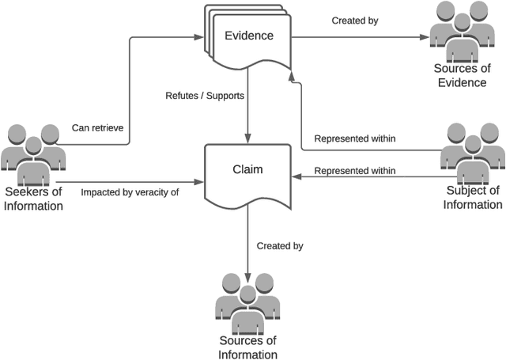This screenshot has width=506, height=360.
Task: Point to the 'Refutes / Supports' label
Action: point(204,97)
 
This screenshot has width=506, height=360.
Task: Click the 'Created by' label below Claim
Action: point(280,246)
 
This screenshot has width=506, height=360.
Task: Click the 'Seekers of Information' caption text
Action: point(33,200)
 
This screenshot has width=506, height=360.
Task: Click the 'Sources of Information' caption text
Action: point(248,347)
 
